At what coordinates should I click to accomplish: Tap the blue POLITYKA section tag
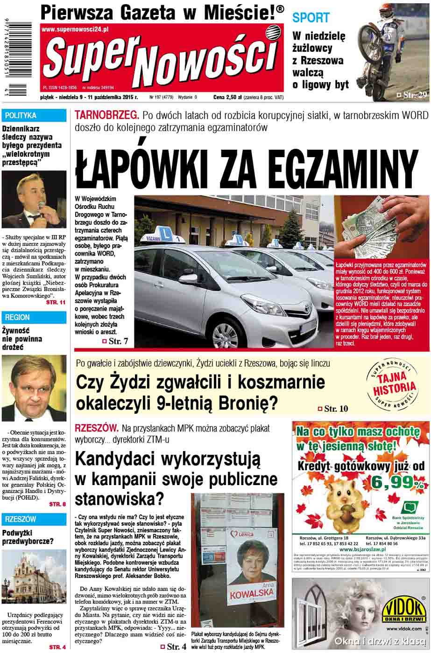click(x=21, y=115)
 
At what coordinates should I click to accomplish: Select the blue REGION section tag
click(x=18, y=317)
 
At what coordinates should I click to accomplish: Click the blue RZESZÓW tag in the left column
click(x=20, y=519)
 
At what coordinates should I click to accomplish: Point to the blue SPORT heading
click(x=311, y=18)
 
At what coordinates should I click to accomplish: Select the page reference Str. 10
click(x=336, y=409)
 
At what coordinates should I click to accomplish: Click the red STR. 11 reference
click(x=56, y=303)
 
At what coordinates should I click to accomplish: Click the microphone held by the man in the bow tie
click(x=41, y=207)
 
